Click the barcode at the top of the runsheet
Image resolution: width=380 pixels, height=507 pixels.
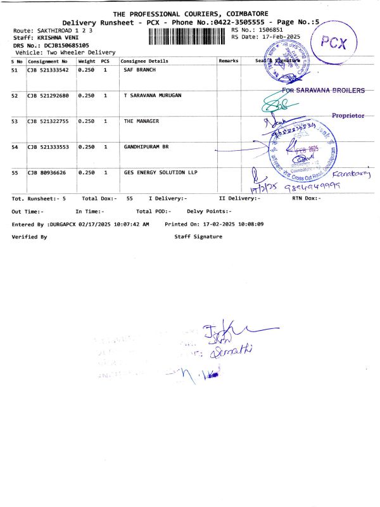tap(187, 35)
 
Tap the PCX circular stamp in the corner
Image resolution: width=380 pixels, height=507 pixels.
tap(334, 44)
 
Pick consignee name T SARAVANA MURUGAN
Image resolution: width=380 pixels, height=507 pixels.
tap(152, 95)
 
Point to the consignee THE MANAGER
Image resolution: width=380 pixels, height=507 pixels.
tap(141, 120)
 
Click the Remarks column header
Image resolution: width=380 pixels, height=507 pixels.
tap(228, 61)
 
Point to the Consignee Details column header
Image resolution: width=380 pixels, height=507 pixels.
tap(144, 61)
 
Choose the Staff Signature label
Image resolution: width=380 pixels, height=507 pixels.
tap(198, 236)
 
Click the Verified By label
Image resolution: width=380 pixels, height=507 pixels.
tap(30, 236)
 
